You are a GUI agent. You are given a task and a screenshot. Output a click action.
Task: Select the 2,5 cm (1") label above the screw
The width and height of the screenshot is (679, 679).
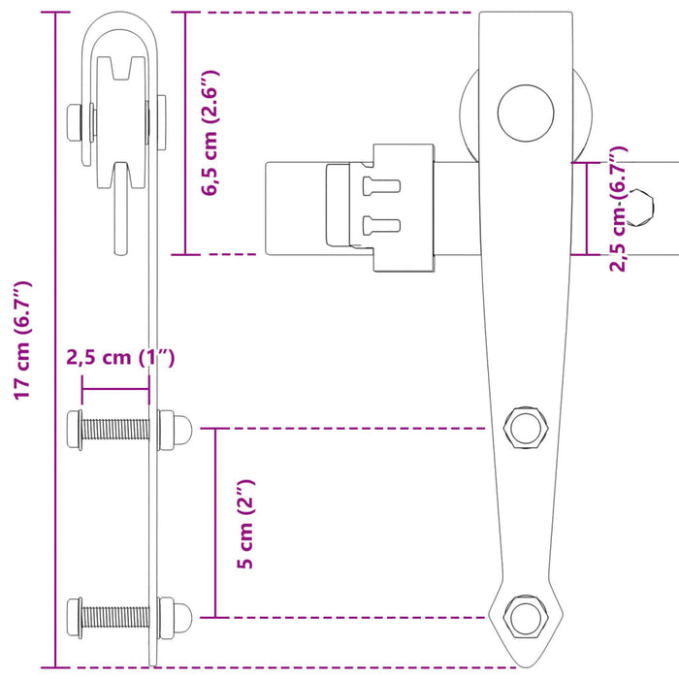pyautogui.click(x=120, y=358)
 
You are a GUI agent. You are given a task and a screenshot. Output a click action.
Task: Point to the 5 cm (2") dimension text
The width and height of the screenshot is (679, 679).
pyautogui.click(x=246, y=524)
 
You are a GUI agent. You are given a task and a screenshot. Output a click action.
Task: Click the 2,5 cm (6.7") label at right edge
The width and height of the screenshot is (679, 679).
pyautogui.click(x=619, y=209)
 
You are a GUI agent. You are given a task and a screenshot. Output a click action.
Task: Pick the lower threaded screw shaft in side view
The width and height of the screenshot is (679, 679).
pyautogui.click(x=114, y=615)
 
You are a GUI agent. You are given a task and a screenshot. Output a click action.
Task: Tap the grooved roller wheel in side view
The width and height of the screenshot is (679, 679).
pyautogui.click(x=121, y=107)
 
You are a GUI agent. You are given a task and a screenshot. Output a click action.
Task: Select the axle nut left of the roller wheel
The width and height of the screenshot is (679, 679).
pyautogui.click(x=75, y=122)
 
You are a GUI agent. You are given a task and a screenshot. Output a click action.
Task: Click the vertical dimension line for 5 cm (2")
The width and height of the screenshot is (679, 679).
pyautogui.click(x=216, y=524)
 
